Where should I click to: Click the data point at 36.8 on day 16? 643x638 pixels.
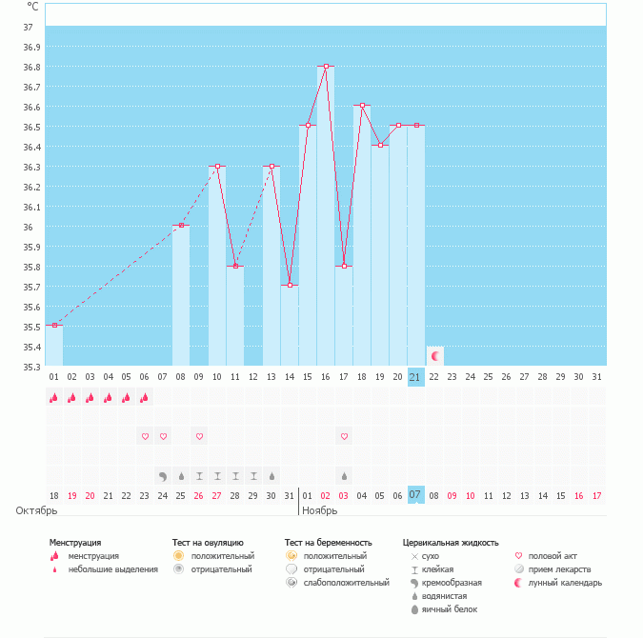326,66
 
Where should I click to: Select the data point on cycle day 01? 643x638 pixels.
54,325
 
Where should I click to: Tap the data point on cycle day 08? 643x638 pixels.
181,225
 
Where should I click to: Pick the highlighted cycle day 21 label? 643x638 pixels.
415,377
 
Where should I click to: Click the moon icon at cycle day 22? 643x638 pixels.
434,355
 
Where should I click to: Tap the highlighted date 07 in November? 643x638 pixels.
415,495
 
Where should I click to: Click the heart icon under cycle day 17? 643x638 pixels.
344,436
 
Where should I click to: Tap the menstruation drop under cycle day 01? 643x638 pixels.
54,398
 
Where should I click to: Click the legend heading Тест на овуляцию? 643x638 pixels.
209,542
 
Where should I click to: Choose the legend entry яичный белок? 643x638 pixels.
456,608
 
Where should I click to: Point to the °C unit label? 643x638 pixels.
33,7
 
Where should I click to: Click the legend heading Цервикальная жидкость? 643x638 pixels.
451,542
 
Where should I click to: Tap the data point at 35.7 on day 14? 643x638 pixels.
290,285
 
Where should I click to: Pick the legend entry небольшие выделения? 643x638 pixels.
112,568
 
